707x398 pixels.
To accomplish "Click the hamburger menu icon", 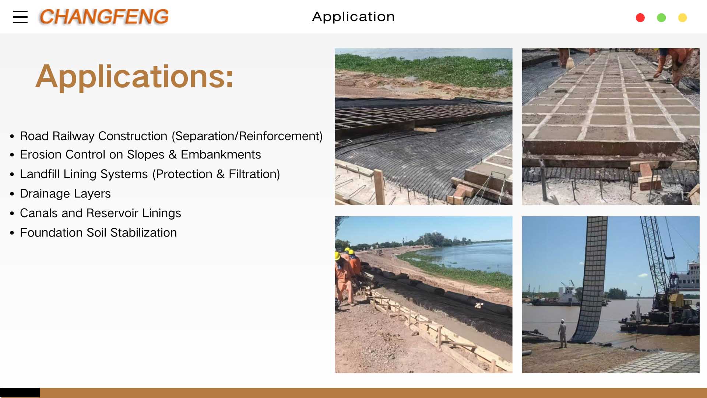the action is click(x=20, y=17).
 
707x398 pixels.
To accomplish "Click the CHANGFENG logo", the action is click(x=104, y=17).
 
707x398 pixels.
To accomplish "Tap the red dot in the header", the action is click(x=640, y=18).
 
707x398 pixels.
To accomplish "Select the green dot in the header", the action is click(x=661, y=18).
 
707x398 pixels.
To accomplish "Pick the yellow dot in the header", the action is click(x=682, y=18).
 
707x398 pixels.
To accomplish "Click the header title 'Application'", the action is click(x=353, y=17).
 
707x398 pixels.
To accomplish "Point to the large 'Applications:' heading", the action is click(x=134, y=76).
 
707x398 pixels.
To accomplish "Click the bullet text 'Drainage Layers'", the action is click(x=65, y=193).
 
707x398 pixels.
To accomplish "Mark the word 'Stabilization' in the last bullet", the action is click(x=144, y=233).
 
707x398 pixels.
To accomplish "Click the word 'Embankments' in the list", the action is click(x=221, y=154).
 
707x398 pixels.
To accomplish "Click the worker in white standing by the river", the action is click(x=562, y=333).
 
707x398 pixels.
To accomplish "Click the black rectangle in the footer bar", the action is click(x=20, y=392).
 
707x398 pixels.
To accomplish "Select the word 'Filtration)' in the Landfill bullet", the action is click(x=254, y=174).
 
